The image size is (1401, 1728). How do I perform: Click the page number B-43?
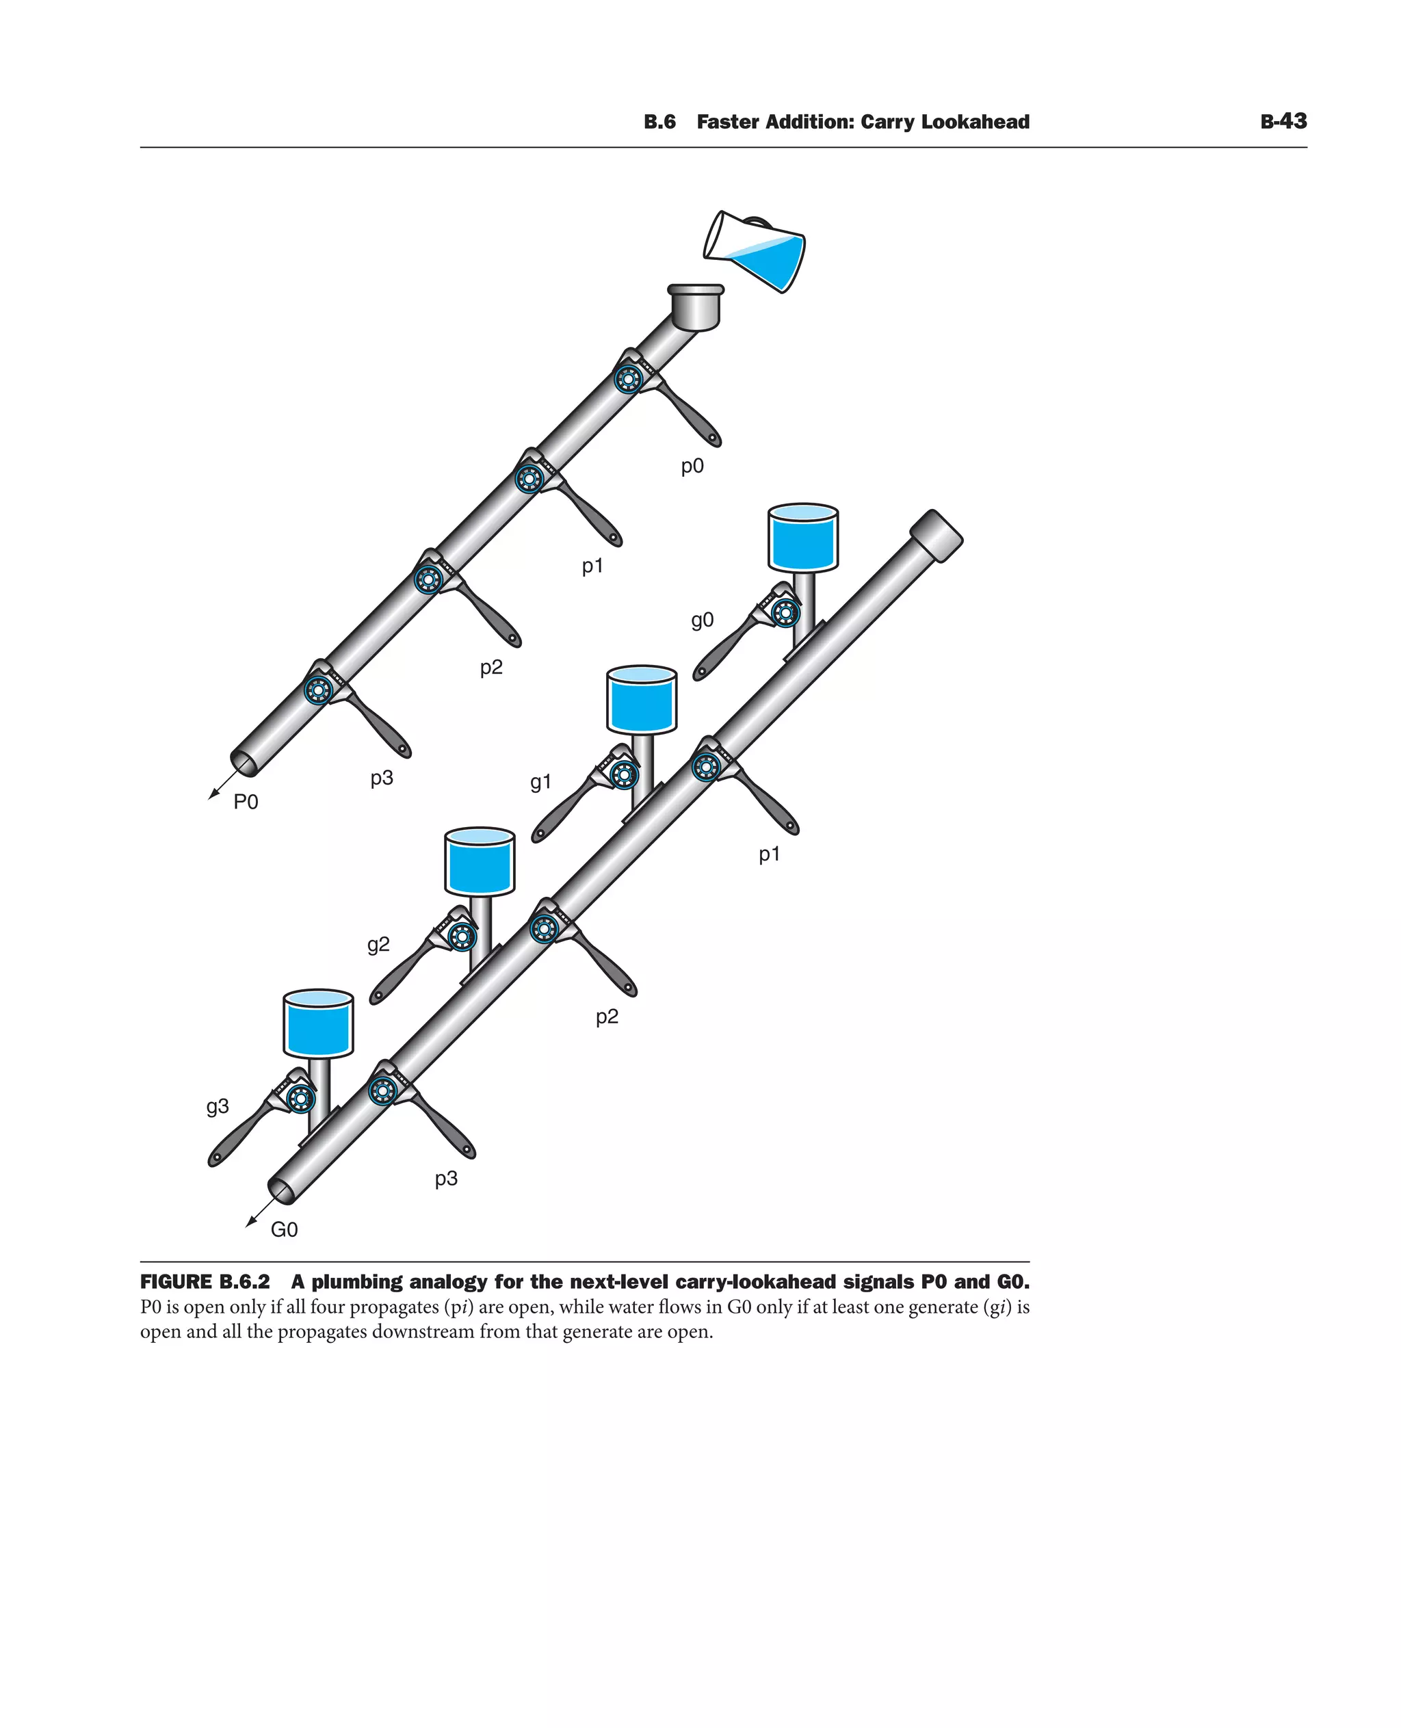tap(1283, 121)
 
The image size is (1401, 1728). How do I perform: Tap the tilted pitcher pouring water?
tap(755, 252)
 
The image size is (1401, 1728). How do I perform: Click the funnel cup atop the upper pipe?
tap(695, 308)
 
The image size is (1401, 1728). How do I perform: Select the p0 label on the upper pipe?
tap(692, 466)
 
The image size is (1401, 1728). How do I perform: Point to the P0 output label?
tap(246, 802)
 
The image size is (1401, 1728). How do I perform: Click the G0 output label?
tap(284, 1229)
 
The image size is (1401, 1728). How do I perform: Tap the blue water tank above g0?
tap(802, 539)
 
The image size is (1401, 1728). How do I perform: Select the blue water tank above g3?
tap(318, 1024)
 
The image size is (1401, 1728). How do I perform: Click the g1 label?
tap(540, 781)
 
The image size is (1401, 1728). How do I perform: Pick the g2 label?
tap(378, 943)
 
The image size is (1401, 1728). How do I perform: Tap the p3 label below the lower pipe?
tap(445, 1179)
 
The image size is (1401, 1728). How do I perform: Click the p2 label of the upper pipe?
tap(490, 668)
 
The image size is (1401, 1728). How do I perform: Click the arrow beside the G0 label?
tap(259, 1213)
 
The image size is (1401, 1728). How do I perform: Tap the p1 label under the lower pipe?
tap(768, 854)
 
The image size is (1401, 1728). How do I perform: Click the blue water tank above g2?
tap(480, 863)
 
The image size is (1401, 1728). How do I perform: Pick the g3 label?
tap(217, 1105)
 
